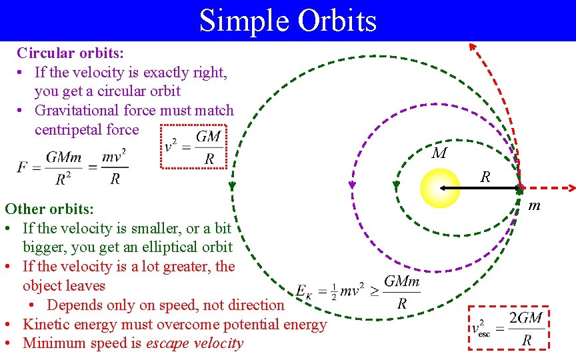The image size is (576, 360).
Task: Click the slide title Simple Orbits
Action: (287, 20)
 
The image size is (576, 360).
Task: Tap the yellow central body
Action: (440, 188)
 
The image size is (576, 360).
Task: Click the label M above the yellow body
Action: (439, 154)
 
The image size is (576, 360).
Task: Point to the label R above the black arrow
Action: (485, 177)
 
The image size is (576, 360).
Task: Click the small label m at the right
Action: (534, 207)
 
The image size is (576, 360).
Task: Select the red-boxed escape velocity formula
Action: (510, 328)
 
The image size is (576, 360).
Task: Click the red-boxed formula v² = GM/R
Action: (194, 147)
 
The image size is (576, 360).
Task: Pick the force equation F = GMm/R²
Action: (73, 167)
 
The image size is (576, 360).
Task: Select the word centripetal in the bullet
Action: (68, 129)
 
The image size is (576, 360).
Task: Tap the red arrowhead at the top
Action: (472, 46)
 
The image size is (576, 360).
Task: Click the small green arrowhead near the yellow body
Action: (397, 185)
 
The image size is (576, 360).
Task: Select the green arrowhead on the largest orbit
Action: (233, 187)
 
